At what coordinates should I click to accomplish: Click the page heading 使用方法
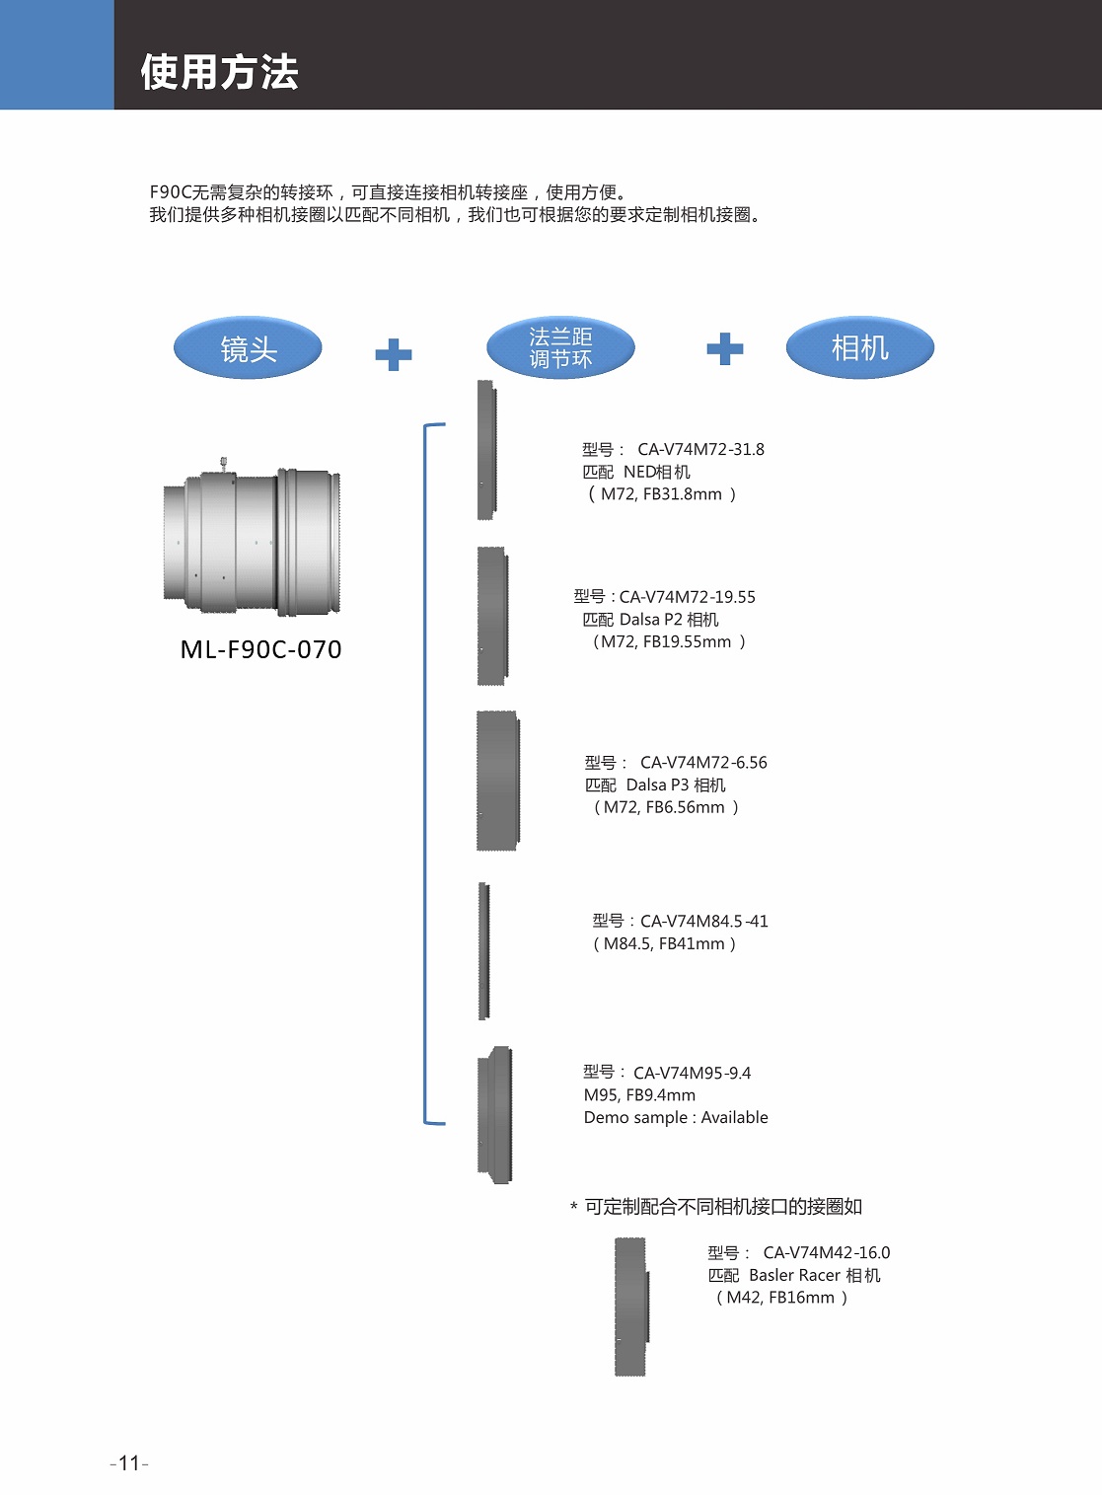click(x=219, y=72)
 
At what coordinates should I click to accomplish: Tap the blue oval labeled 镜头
click(x=248, y=348)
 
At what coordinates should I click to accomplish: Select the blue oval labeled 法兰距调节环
click(x=560, y=348)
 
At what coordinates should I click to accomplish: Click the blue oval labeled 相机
click(x=859, y=347)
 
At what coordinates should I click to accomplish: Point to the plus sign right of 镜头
click(x=393, y=354)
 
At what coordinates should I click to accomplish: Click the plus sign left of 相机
click(x=724, y=348)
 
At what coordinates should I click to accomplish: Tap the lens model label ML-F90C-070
click(x=260, y=649)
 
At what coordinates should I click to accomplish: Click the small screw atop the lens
click(x=224, y=463)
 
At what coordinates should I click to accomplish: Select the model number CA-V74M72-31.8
click(x=700, y=449)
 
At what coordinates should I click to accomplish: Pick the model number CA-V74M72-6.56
click(x=703, y=763)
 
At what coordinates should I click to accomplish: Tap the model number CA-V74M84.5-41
click(x=703, y=921)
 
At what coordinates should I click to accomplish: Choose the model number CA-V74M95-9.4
click(x=692, y=1073)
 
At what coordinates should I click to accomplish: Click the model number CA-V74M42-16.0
click(x=826, y=1252)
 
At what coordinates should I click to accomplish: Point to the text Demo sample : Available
click(x=676, y=1117)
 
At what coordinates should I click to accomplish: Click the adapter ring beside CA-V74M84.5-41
click(x=484, y=951)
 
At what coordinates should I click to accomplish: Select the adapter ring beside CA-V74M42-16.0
click(x=631, y=1307)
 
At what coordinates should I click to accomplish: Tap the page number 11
click(x=129, y=1463)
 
